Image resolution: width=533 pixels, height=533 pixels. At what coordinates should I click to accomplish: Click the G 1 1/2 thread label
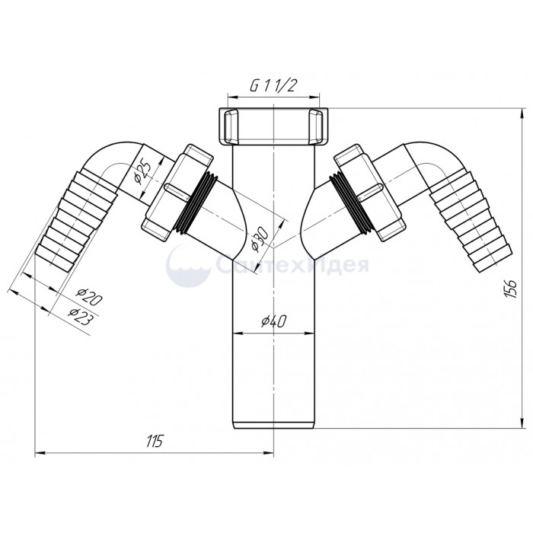tap(272, 86)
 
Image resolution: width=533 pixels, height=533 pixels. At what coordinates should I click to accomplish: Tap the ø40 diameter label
tap(274, 321)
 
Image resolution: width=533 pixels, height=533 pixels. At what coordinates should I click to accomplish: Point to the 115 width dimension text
tap(155, 441)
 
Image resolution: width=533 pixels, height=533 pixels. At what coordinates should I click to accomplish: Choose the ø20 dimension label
tap(89, 295)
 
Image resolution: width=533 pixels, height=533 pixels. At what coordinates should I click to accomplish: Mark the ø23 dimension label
tap(80, 316)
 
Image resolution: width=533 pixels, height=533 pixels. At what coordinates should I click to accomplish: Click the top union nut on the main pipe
tap(273, 126)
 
